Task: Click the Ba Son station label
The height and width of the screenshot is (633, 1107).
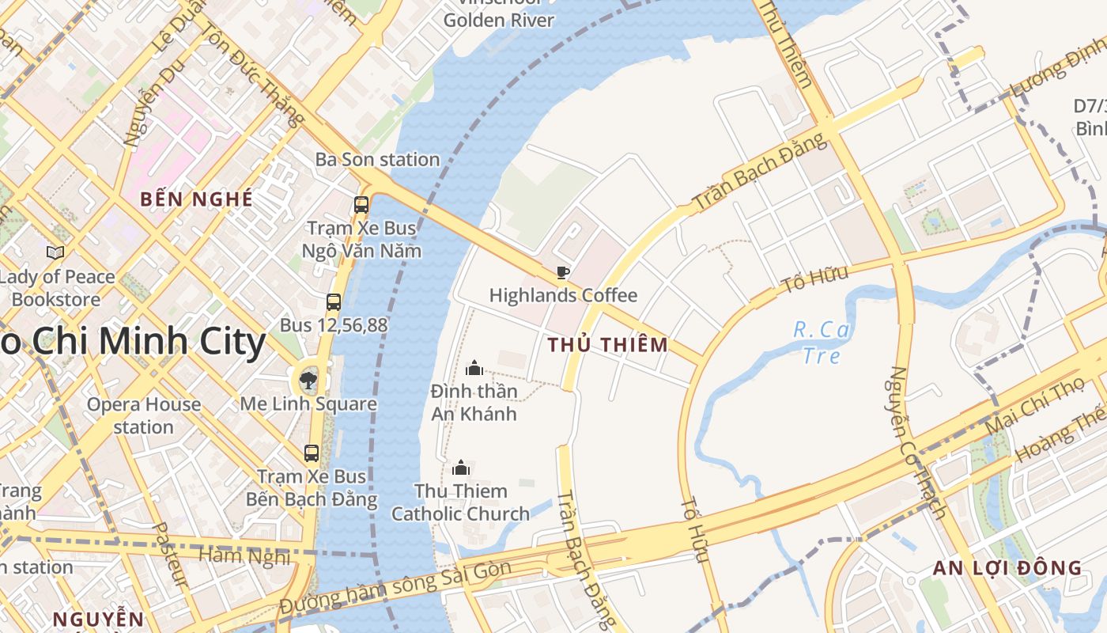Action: click(377, 159)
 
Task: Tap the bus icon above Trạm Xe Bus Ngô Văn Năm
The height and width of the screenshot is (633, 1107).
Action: click(361, 204)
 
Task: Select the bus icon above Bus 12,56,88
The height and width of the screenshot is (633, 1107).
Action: click(334, 301)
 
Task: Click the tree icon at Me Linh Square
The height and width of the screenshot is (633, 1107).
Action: click(308, 381)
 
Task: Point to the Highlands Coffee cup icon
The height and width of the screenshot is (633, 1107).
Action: click(562, 272)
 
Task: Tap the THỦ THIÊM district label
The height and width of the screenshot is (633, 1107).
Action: click(607, 344)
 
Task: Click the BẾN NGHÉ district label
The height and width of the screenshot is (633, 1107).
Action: click(196, 199)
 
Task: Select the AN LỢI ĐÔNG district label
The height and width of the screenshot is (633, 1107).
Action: click(1007, 567)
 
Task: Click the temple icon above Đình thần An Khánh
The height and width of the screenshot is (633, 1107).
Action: click(474, 367)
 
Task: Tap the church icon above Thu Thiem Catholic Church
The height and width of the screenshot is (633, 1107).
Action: click(461, 468)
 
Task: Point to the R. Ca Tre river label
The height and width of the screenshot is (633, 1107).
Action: click(822, 342)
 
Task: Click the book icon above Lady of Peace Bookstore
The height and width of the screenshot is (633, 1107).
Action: click(55, 252)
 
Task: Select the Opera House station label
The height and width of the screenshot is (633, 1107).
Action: click(143, 415)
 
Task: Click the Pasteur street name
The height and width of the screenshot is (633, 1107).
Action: click(170, 554)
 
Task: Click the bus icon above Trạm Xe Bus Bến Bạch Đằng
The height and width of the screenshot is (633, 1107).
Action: click(312, 453)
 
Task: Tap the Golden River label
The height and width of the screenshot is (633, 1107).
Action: click(498, 20)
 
